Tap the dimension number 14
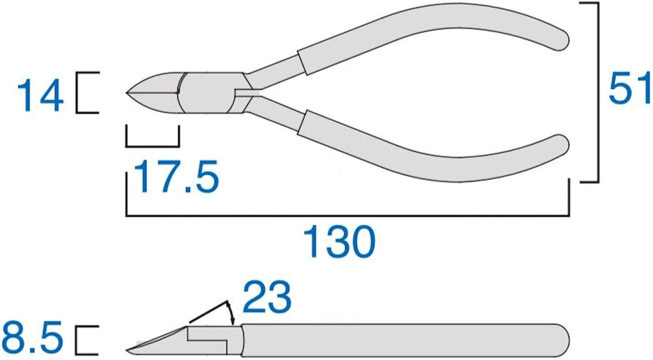point(40,94)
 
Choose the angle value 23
point(266,297)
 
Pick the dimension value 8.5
point(32,340)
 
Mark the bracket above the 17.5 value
point(153,145)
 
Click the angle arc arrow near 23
point(230,310)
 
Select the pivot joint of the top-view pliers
point(207,93)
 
